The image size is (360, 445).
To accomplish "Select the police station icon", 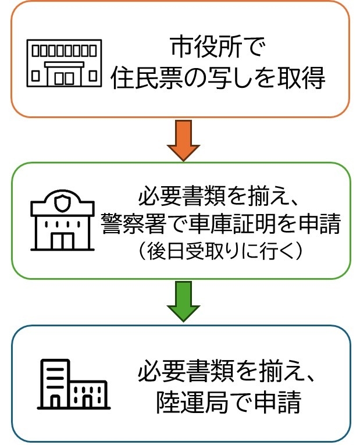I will pyautogui.click(x=61, y=220).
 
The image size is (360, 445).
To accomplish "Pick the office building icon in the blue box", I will pyautogui.click(x=73, y=383).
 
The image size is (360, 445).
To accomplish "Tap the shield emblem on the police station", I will pyautogui.click(x=62, y=202).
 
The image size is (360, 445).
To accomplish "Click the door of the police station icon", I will pyautogui.click(x=62, y=240).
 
